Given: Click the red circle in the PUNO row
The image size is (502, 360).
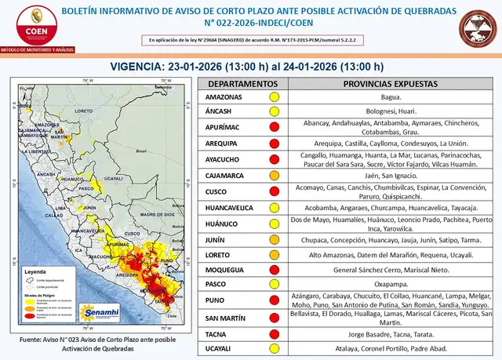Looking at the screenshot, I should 275,299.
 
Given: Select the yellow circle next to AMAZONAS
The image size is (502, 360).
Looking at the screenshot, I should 275,96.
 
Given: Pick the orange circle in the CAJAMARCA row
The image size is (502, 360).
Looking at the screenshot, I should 275,176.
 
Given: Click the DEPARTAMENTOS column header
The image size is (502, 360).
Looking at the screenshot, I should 236,83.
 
